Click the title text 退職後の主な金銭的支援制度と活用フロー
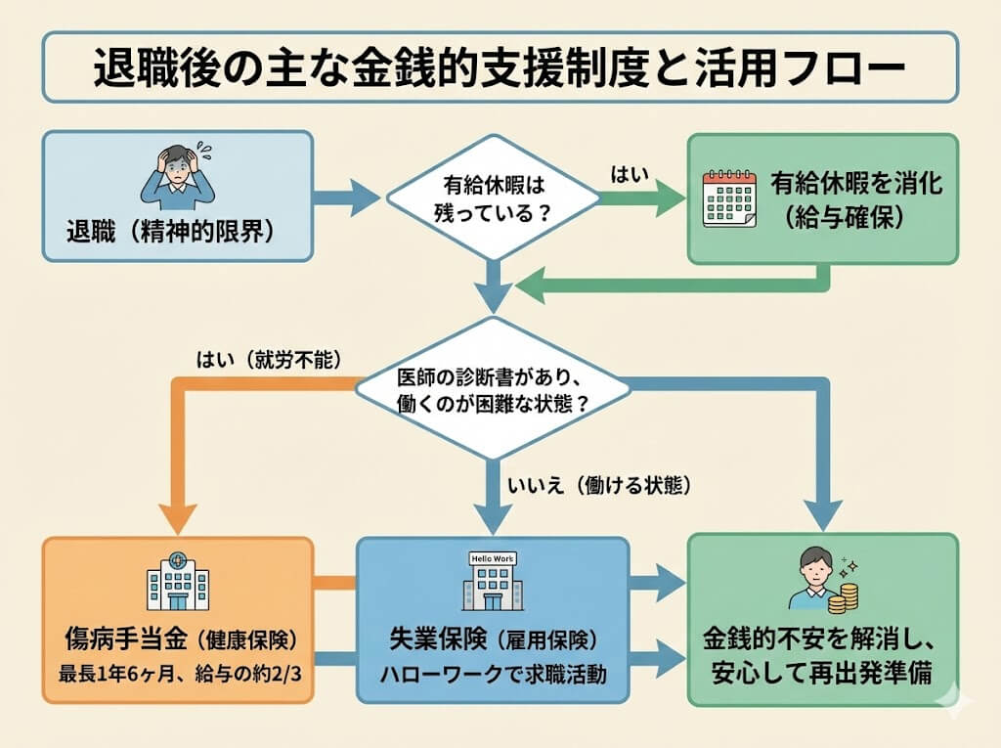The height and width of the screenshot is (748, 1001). [500, 68]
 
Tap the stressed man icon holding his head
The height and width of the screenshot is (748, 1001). [177, 177]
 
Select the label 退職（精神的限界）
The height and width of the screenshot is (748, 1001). [161, 236]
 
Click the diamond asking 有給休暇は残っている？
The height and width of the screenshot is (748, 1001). [492, 198]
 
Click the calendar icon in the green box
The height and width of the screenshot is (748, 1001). [730, 198]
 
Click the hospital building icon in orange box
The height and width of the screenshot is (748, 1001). [177, 582]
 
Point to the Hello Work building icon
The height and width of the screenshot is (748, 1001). [492, 582]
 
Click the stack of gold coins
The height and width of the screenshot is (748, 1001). [849, 596]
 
